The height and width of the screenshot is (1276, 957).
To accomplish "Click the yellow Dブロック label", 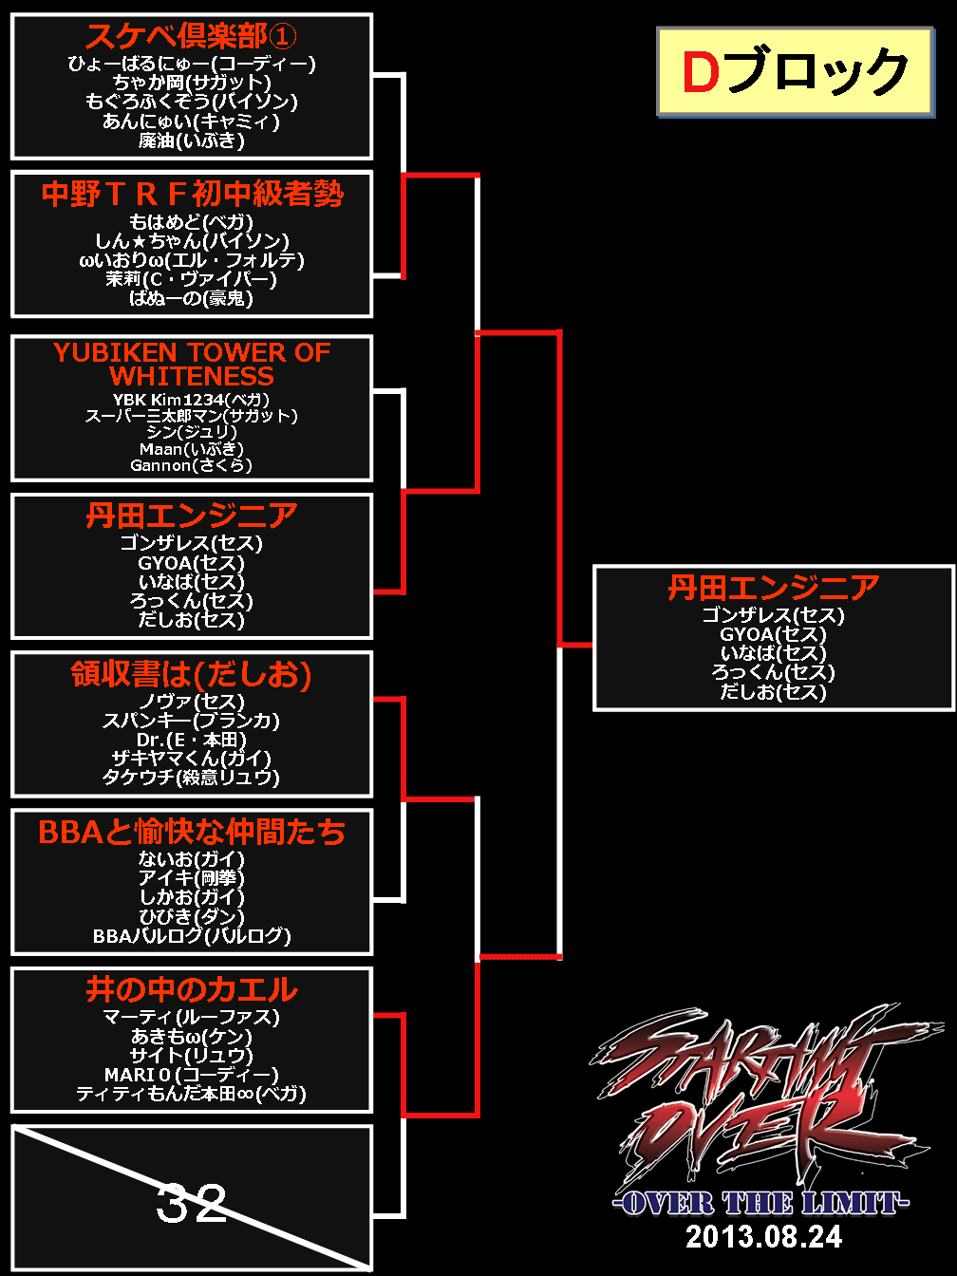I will pyautogui.click(x=795, y=72).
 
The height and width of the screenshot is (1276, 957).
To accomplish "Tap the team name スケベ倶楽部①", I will pyautogui.click(x=191, y=36).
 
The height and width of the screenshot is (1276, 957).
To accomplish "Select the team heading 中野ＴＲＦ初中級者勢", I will pyautogui.click(x=192, y=194).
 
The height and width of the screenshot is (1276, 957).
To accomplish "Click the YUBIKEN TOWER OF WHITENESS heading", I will pyautogui.click(x=192, y=364).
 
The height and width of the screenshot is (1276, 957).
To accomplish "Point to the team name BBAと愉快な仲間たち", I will pyautogui.click(x=192, y=832).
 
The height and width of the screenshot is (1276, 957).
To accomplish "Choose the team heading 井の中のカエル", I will pyautogui.click(x=192, y=990).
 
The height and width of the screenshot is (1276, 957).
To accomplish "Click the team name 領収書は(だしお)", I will pyautogui.click(x=192, y=674).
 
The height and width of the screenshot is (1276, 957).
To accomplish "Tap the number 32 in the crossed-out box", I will pyautogui.click(x=191, y=1203).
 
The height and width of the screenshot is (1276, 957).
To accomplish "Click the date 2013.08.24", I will pyautogui.click(x=763, y=1236).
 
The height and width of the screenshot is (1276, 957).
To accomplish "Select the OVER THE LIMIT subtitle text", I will pyautogui.click(x=760, y=1203).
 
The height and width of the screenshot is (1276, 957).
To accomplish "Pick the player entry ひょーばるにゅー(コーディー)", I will pyautogui.click(x=192, y=64).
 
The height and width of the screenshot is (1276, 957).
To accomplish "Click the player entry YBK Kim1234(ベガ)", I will pyautogui.click(x=192, y=400).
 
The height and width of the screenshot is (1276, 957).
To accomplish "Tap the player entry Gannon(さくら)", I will pyautogui.click(x=192, y=465).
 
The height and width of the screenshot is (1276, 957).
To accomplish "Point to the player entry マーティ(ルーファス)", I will pyautogui.click(x=192, y=1017).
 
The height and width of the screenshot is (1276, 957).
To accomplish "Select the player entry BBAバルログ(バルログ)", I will pyautogui.click(x=192, y=935).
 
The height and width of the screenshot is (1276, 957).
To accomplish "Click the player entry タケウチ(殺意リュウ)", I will pyautogui.click(x=192, y=777).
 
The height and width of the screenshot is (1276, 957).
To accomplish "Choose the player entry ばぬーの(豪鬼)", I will pyautogui.click(x=192, y=298).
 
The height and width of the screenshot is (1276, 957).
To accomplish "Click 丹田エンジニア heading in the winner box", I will pyautogui.click(x=773, y=588).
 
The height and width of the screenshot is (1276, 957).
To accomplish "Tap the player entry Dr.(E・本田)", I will pyautogui.click(x=192, y=739).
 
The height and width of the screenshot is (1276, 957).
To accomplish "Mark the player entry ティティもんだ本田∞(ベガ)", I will pyautogui.click(x=192, y=1094).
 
